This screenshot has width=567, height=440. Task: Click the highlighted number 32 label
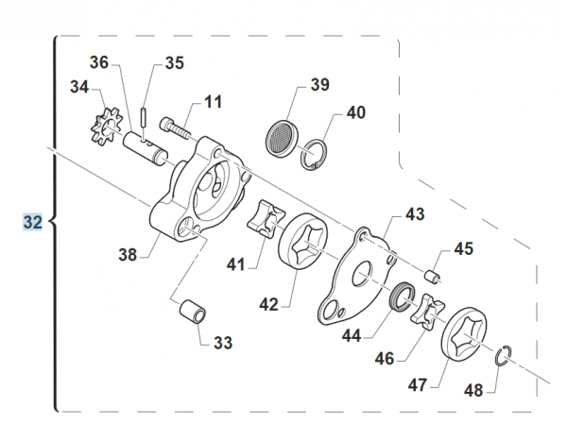(33, 223)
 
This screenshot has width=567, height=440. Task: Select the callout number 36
(100, 63)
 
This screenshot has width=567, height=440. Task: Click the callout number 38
(128, 253)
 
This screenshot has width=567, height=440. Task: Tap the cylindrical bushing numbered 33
(192, 309)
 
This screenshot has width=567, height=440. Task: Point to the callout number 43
(416, 214)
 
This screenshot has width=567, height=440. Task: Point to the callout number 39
(319, 86)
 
